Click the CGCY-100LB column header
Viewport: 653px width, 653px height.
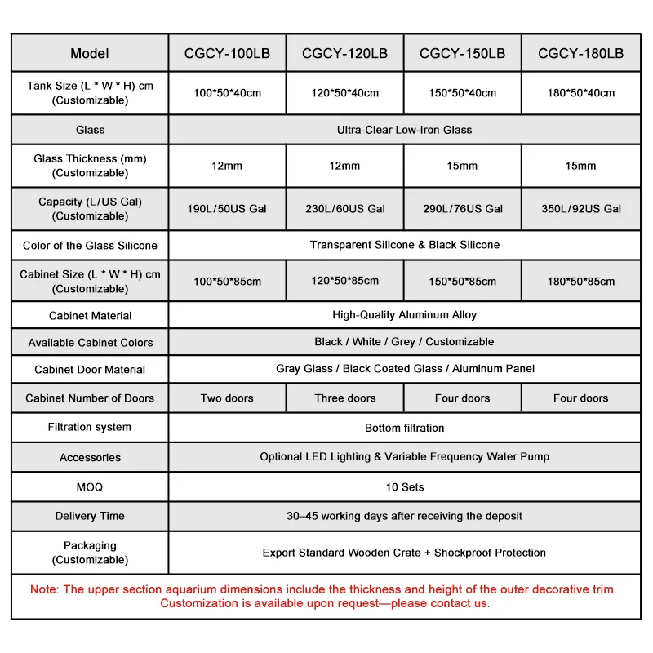click(227, 54)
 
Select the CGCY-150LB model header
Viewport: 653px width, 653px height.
click(462, 54)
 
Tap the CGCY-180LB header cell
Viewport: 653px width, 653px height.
click(580, 54)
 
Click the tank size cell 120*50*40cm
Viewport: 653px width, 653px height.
click(344, 93)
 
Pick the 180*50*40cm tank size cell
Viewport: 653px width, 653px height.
click(580, 93)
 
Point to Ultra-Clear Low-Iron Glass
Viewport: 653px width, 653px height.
click(404, 130)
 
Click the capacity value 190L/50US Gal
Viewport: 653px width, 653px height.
click(227, 209)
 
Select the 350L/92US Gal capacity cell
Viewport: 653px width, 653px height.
click(580, 209)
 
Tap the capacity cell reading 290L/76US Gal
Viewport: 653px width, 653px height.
click(462, 209)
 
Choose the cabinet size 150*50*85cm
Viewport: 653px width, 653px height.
click(462, 282)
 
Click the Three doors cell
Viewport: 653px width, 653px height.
click(344, 398)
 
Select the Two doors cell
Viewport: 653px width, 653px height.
click(227, 398)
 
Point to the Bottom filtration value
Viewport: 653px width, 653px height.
click(404, 428)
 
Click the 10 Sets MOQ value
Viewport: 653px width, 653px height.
click(404, 487)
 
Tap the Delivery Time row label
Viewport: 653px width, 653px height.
click(90, 516)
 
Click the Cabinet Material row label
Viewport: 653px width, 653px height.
click(90, 316)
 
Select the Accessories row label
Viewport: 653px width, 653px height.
click(90, 458)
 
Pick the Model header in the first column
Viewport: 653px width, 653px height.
click(90, 54)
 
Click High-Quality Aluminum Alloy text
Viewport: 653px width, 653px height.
click(404, 315)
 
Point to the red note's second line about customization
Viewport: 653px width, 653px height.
click(325, 604)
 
